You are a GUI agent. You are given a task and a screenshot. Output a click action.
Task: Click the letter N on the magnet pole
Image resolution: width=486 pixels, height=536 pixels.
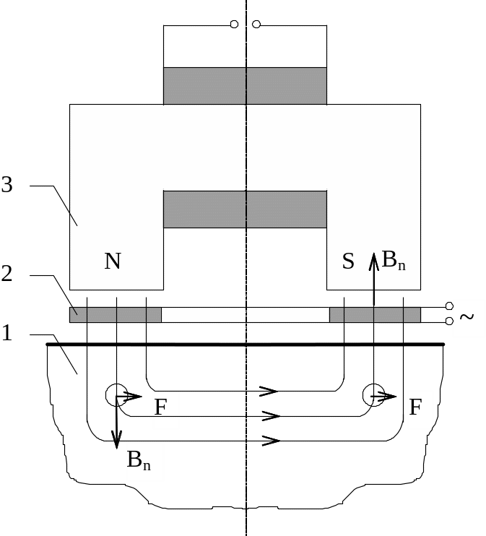click(x=113, y=261)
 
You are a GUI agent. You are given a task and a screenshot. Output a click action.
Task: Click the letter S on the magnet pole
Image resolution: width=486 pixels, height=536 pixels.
click(x=348, y=261)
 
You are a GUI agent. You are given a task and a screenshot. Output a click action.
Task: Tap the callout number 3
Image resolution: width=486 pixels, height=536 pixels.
click(x=7, y=186)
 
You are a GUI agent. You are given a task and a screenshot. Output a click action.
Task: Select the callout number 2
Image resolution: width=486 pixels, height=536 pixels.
click(x=7, y=274)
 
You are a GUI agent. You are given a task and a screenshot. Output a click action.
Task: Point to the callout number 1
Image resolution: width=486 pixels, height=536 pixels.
click(x=7, y=334)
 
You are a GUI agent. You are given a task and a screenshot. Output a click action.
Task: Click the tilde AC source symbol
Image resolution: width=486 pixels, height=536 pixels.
click(x=469, y=319)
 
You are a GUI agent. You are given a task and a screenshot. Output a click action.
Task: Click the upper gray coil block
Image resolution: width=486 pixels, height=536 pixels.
click(x=245, y=86)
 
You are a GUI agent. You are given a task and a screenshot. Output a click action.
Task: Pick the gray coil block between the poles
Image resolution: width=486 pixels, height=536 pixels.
click(x=245, y=209)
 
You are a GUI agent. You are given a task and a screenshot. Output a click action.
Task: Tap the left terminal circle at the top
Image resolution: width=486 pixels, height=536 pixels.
click(x=234, y=25)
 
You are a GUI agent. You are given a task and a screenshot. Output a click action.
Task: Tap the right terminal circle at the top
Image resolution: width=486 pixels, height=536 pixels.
click(x=256, y=25)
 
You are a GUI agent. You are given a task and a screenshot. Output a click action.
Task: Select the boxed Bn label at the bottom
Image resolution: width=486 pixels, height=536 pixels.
click(x=144, y=462)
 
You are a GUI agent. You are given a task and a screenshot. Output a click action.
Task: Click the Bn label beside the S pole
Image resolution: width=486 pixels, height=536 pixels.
click(x=393, y=261)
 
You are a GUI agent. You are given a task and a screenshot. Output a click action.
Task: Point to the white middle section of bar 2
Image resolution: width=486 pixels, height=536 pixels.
click(x=245, y=315)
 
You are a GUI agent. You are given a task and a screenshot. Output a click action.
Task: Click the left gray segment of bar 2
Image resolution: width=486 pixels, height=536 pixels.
click(x=116, y=315)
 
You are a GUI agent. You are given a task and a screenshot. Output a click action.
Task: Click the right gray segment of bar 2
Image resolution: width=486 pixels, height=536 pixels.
click(x=375, y=315)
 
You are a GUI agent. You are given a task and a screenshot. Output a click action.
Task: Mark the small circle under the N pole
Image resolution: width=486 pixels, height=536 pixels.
click(x=116, y=394)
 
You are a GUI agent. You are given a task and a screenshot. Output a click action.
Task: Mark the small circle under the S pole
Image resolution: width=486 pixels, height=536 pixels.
click(x=373, y=394)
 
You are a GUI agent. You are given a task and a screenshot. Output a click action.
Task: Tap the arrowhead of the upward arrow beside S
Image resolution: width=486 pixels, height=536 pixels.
click(x=373, y=257)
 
